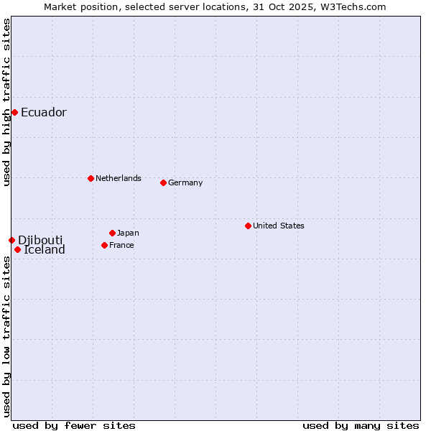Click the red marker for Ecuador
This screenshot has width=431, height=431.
[14, 112]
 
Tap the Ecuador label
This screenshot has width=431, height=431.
[43, 113]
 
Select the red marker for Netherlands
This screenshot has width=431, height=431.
[91, 178]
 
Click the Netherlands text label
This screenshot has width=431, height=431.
[118, 178]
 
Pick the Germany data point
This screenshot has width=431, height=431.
[163, 182]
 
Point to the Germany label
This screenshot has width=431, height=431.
[185, 183]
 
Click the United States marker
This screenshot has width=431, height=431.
[248, 226]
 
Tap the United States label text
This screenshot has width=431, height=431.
[278, 226]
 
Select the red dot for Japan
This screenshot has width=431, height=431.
[112, 233]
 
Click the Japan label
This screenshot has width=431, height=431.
[128, 233]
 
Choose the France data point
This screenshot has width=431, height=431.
[104, 245]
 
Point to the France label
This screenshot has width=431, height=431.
[121, 246]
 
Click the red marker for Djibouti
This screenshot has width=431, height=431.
[11, 240]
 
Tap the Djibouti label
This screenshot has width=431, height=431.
[40, 240]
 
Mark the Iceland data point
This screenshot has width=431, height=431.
[17, 249]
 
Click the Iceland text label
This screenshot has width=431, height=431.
[45, 250]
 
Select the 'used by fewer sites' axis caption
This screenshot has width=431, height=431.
[74, 425]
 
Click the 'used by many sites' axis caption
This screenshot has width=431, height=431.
[361, 425]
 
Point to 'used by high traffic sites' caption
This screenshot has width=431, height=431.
[6, 102]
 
